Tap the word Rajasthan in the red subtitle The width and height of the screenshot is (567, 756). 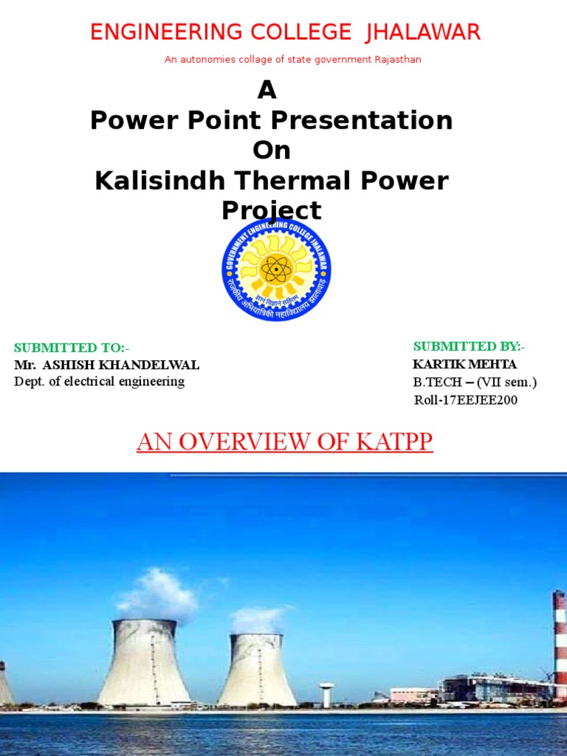(x=398, y=60)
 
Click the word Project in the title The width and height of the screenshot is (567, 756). (x=272, y=211)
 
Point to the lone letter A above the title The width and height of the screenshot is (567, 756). (x=267, y=91)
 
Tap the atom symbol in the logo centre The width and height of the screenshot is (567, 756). (x=276, y=269)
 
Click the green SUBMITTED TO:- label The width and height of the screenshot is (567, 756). (x=72, y=348)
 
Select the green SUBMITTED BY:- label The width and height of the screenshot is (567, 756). (x=469, y=346)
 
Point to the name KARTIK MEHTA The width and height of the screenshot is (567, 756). (x=464, y=365)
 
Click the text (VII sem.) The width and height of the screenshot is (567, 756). (x=507, y=382)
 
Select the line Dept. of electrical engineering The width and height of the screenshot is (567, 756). (x=99, y=382)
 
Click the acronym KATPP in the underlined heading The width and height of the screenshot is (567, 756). (x=394, y=441)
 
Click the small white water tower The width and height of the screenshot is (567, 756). (x=326, y=693)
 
